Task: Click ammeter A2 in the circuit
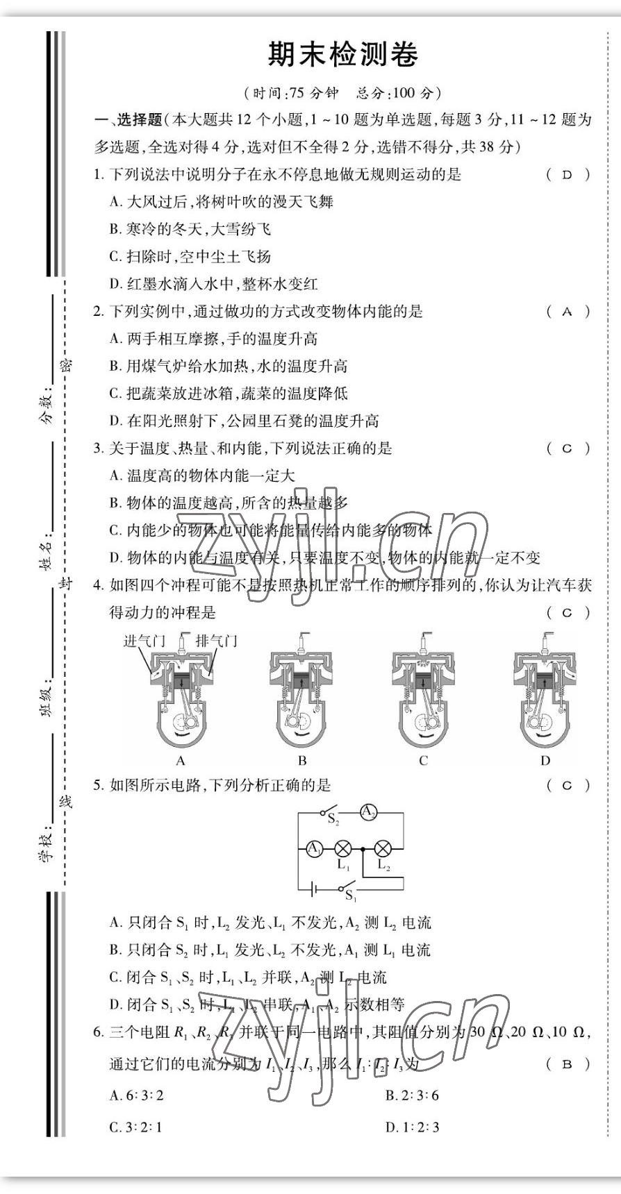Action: [368, 812]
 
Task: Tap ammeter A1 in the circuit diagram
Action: [314, 848]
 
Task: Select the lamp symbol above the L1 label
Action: [343, 848]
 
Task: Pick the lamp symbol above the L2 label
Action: [383, 848]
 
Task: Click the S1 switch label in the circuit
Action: [351, 895]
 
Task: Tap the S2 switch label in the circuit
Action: [333, 820]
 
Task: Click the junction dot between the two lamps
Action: [363, 848]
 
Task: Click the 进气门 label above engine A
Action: [144, 640]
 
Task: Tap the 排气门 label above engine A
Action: [216, 640]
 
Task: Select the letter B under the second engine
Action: [302, 760]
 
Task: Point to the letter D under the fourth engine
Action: [545, 760]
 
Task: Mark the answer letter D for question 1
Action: [568, 175]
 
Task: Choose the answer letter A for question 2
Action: [568, 312]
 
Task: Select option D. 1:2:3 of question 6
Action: [413, 1127]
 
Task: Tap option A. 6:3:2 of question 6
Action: [137, 1095]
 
